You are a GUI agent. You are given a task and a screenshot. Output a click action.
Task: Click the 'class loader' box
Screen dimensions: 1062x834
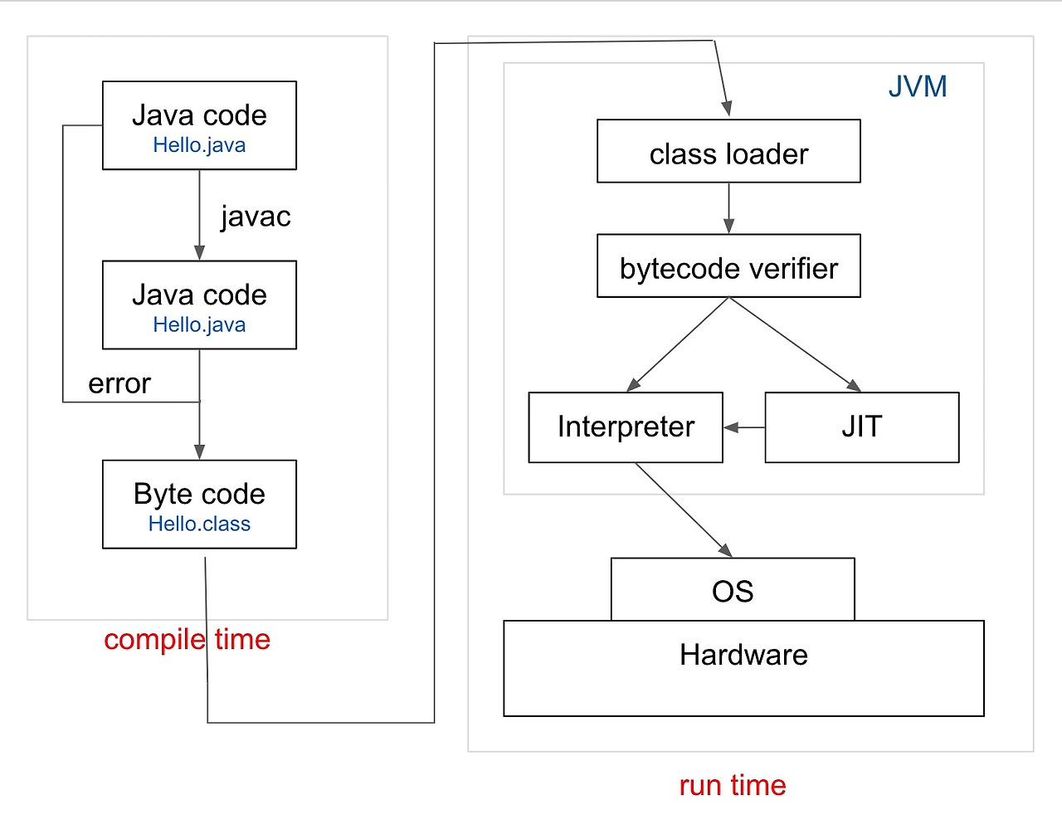728,151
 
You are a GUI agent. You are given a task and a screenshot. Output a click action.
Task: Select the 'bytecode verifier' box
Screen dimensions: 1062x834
728,266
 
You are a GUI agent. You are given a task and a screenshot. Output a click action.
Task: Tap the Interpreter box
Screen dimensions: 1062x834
626,427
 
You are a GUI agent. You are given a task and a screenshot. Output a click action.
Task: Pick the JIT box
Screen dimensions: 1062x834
862,427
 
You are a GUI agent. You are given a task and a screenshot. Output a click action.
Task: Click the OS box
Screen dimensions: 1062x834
733,589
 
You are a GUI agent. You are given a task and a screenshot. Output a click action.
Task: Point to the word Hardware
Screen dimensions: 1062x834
743,655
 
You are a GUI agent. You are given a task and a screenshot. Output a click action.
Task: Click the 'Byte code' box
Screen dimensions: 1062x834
199,505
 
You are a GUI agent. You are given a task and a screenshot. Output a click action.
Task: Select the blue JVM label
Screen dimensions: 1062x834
918,86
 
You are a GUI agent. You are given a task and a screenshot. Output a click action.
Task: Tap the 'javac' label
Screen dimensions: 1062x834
256,217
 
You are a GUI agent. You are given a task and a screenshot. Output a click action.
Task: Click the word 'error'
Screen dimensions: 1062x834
119,384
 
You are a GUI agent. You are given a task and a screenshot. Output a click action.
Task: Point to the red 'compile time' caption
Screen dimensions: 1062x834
188,640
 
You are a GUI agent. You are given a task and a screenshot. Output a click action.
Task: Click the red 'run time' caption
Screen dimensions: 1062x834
733,786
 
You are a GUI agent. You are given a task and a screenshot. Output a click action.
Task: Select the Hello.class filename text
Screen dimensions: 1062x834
199,524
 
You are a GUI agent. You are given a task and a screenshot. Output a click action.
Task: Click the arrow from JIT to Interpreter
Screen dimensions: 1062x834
744,427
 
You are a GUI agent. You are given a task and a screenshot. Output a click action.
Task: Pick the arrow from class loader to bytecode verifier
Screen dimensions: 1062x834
728,208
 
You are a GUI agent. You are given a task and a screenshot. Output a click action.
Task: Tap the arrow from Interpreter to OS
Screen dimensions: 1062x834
684,510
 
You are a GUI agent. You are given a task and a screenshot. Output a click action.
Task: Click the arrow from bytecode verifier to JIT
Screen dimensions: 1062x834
795,345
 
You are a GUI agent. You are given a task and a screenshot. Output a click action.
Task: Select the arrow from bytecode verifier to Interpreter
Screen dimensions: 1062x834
677,345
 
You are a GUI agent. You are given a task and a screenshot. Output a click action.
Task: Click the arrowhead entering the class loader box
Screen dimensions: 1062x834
728,109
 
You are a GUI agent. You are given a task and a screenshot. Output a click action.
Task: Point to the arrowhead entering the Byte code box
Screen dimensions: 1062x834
199,452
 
